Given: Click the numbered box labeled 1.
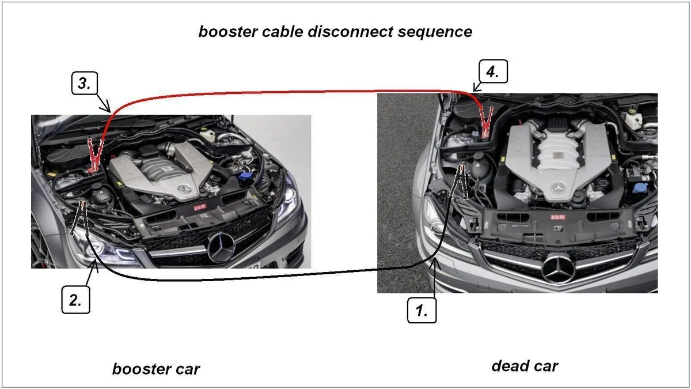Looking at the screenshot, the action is pos(422,310).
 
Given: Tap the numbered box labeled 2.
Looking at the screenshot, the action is pos(75,300).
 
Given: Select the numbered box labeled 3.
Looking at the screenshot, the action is pos(85,83).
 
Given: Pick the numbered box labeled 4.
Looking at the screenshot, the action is pos(493,71).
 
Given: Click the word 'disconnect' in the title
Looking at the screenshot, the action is pos(350,32).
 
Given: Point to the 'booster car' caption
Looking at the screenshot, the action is pos(156,369).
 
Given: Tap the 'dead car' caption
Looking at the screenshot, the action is pos(525,366).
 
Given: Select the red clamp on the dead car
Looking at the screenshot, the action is pos(486,122).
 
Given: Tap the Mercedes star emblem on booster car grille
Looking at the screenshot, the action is pos(221,248).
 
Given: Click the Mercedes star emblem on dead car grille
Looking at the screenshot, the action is pos(559,269).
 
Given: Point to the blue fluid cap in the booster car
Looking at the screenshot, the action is pos(245,177).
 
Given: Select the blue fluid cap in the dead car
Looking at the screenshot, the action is pos(641,188).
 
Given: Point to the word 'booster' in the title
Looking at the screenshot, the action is pos(227,32).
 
